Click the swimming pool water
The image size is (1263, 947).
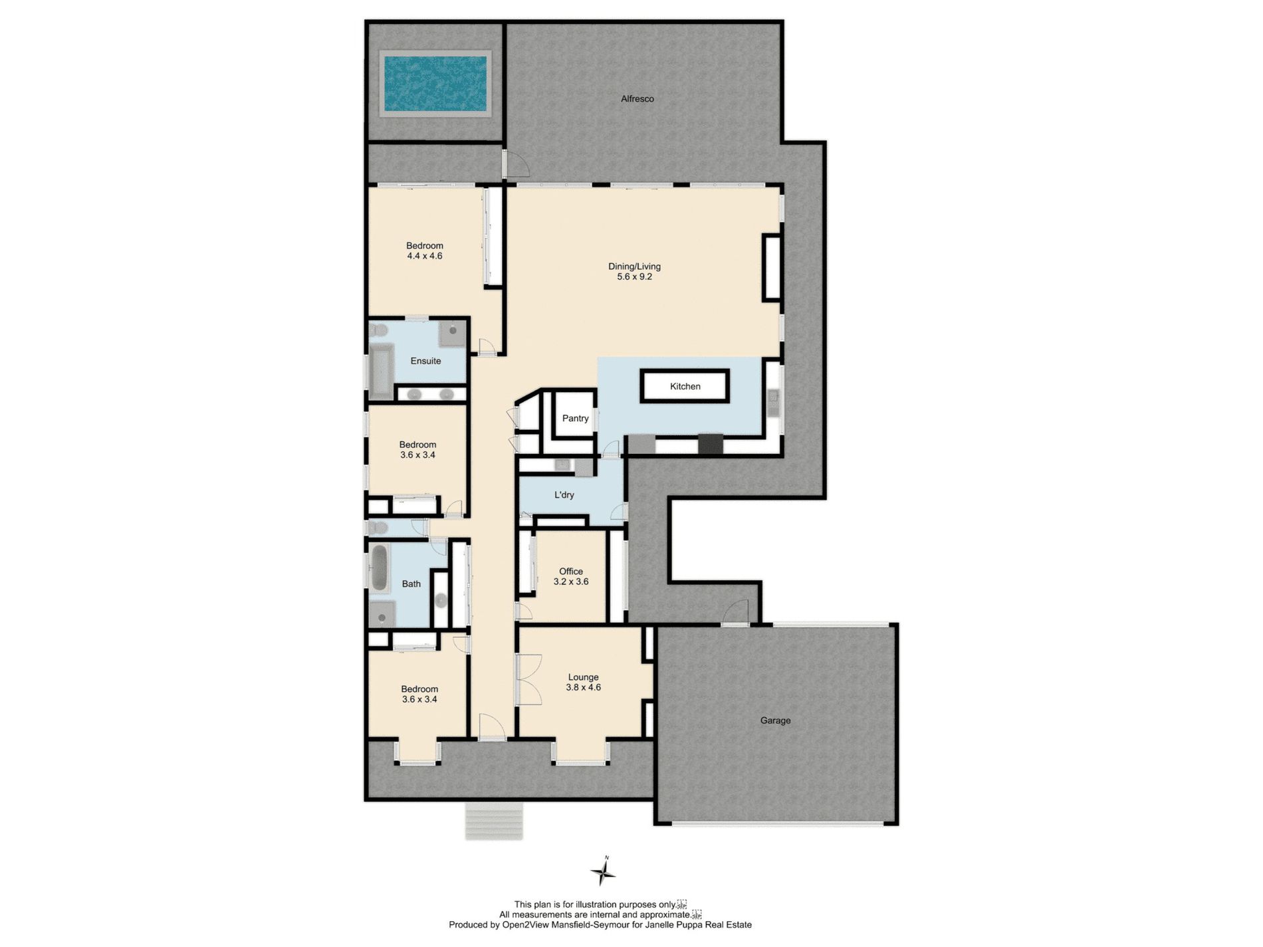click(x=435, y=84)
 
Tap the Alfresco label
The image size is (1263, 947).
click(x=637, y=99)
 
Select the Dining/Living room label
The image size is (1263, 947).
click(x=634, y=266)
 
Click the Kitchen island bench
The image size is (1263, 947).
click(x=685, y=386)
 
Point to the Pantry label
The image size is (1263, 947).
click(x=575, y=418)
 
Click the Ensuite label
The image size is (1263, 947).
click(x=425, y=361)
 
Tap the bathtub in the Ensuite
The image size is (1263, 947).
click(x=381, y=372)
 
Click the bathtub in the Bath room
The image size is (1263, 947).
click(x=379, y=568)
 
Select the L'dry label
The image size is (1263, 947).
click(x=564, y=495)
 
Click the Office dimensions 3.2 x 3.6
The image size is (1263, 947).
click(x=571, y=581)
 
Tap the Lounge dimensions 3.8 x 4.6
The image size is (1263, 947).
click(x=583, y=687)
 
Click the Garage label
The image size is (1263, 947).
click(x=775, y=720)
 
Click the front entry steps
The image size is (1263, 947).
click(x=494, y=821)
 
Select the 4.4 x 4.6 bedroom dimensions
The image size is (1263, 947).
click(x=424, y=256)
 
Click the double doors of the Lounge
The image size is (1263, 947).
click(x=529, y=679)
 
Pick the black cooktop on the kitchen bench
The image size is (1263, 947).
click(x=710, y=443)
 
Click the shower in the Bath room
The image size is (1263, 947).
click(x=382, y=614)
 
